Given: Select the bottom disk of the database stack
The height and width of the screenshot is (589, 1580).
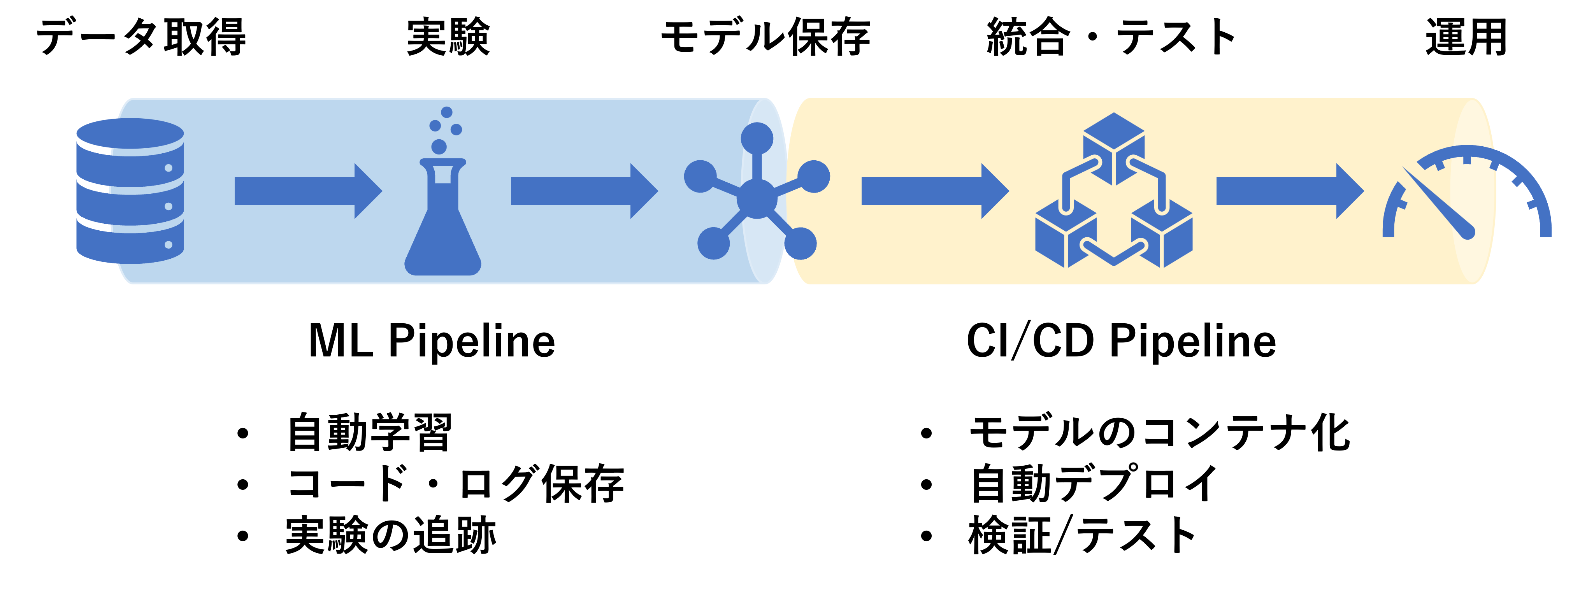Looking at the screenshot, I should [x=130, y=245].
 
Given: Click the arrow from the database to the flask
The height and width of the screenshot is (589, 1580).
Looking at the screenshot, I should [x=307, y=191].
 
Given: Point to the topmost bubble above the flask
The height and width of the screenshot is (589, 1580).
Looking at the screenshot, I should [x=446, y=112].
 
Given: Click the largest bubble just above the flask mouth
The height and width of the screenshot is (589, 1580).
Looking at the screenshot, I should [x=439, y=147].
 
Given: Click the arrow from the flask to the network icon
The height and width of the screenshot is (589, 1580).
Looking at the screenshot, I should [x=583, y=191].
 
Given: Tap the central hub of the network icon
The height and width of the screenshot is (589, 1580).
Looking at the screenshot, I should [x=757, y=198].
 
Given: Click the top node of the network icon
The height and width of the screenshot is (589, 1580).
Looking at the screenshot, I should [x=757, y=138].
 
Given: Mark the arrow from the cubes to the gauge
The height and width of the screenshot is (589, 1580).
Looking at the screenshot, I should [x=1288, y=191].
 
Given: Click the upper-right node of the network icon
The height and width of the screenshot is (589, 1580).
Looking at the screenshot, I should [x=814, y=177].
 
